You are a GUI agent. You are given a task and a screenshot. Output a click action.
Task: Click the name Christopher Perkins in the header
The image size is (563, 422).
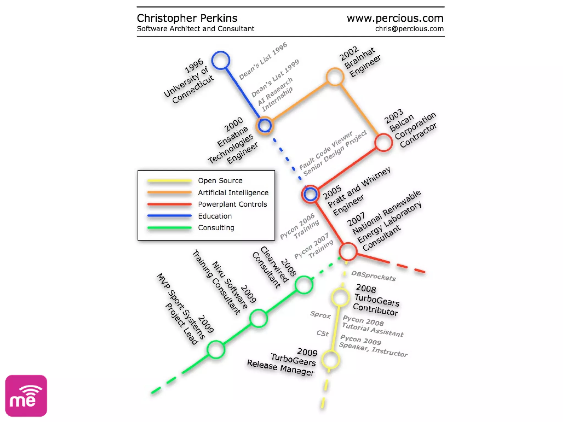point(187,18)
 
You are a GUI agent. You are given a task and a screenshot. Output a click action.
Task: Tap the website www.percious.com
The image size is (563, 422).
point(395,18)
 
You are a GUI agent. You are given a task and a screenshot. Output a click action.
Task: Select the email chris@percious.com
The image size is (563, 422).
point(409,29)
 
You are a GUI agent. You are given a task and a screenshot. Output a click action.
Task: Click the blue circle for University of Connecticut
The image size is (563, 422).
point(221,60)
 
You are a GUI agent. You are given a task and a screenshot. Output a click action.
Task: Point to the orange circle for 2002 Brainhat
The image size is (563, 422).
point(335,77)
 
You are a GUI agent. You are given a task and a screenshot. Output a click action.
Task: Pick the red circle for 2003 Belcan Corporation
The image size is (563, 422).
point(383,143)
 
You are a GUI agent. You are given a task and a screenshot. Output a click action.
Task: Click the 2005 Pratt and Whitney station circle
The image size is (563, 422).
point(310,194)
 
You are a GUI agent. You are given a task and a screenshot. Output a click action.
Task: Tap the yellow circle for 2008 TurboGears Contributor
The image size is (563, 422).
point(340,297)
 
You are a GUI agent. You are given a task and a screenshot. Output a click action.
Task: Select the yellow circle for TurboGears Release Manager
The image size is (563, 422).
point(331,360)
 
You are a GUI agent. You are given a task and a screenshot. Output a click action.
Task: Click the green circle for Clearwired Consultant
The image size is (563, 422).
point(304,285)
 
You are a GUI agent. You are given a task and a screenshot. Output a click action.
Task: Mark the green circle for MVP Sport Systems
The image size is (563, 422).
point(216,349)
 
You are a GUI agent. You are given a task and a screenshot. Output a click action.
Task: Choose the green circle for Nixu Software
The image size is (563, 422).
point(258,318)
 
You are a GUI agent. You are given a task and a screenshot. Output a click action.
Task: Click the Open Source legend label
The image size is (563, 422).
point(220,181)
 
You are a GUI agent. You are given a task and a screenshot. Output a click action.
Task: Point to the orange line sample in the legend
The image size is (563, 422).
point(169,193)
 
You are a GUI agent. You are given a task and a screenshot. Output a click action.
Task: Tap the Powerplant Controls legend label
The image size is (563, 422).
point(232,204)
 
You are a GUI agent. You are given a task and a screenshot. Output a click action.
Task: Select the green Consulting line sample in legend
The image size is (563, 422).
point(169,228)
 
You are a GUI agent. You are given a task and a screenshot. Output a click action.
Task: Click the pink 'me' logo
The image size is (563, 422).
point(26,396)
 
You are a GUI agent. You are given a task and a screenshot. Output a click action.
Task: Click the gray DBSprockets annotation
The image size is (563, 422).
point(373,276)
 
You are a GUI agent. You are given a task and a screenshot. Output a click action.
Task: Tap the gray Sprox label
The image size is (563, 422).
point(320,315)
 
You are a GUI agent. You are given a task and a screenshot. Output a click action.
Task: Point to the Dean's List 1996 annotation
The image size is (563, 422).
point(263,61)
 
